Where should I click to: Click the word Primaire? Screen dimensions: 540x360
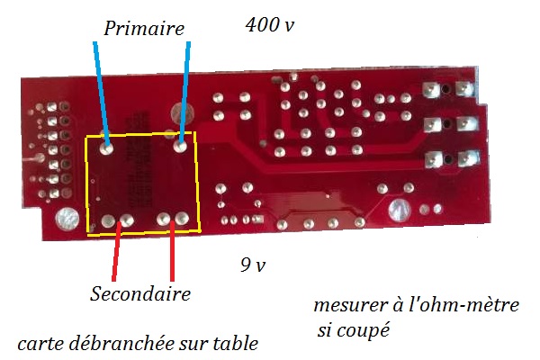pos(144,29)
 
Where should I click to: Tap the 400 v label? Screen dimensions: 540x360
pos(270,25)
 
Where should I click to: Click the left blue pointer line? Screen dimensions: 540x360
pos(101,90)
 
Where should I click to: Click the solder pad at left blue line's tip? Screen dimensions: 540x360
pos(107,142)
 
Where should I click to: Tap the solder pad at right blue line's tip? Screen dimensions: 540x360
pos(182,141)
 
